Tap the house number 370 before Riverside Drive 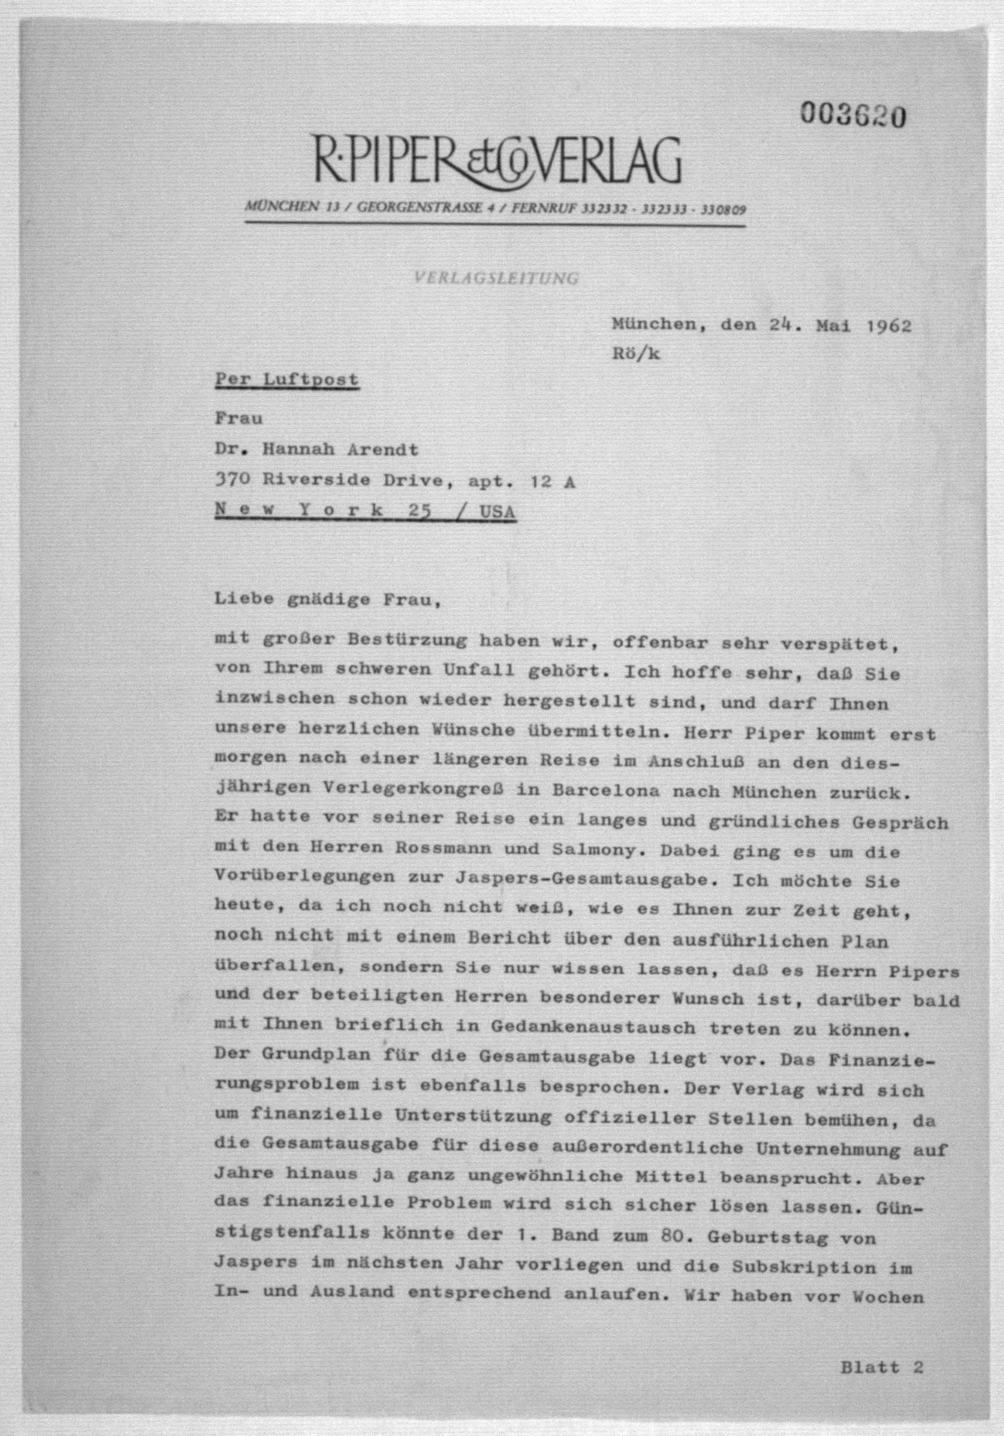pos(233,480)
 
